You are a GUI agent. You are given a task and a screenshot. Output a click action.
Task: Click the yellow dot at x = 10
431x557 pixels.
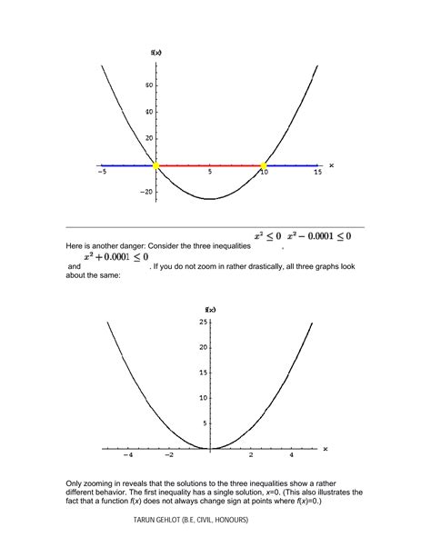click(x=264, y=165)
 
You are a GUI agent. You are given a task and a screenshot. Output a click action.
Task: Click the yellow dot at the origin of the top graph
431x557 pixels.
click(x=155, y=165)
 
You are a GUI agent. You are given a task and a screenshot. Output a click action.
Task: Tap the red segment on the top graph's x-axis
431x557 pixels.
click(x=209, y=166)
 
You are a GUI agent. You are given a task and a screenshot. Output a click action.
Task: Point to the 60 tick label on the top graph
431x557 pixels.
click(x=147, y=85)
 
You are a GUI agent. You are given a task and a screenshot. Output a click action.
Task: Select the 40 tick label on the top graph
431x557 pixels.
click(x=147, y=113)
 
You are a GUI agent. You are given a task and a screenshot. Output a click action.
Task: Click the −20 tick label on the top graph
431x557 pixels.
click(x=145, y=192)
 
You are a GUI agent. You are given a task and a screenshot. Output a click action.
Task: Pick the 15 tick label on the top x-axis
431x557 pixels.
click(x=317, y=173)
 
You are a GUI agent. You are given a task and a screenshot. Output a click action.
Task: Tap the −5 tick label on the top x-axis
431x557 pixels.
click(x=103, y=173)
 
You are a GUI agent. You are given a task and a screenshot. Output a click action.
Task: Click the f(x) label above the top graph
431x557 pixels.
click(x=156, y=54)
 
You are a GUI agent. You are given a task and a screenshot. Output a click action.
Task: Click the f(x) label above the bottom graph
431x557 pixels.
click(x=210, y=310)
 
